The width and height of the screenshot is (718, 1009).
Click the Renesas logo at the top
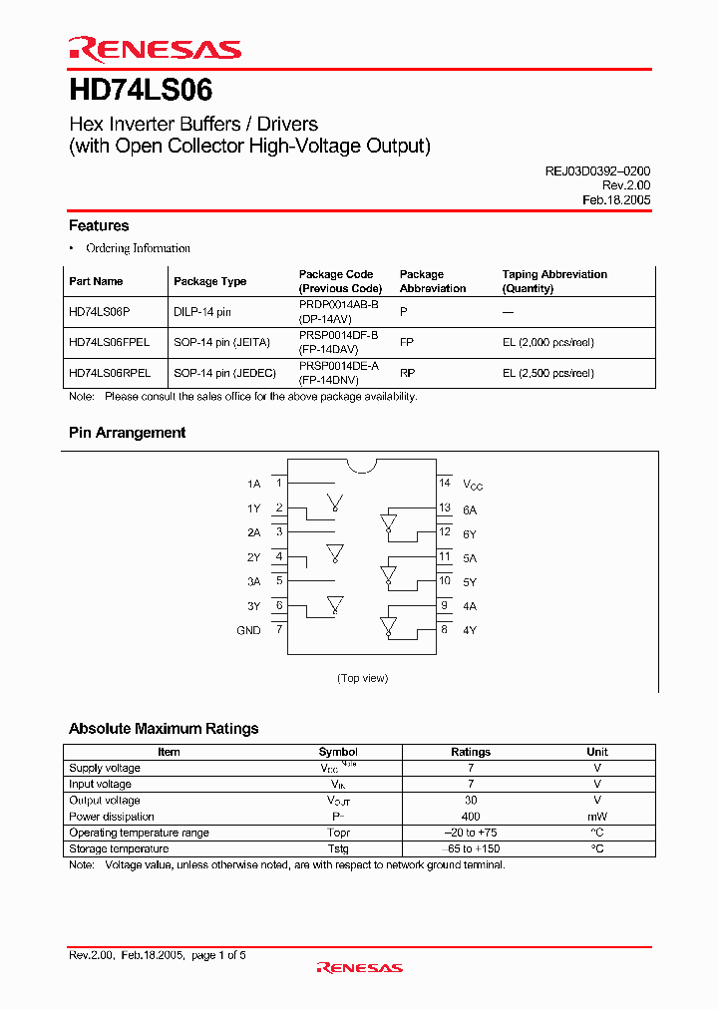click(x=155, y=50)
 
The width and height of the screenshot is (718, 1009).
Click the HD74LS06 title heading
click(x=141, y=91)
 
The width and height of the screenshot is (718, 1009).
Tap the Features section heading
click(x=99, y=226)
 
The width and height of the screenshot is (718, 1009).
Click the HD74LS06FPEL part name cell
click(x=110, y=342)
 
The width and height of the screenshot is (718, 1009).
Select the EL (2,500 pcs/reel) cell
click(x=547, y=373)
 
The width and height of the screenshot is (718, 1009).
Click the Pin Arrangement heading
click(x=127, y=433)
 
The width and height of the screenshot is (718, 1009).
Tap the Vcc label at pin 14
click(x=473, y=485)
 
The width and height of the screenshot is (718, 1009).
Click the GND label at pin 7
click(x=248, y=630)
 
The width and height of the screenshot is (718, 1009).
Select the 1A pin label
click(x=253, y=484)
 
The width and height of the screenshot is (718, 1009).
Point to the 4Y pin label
click(x=470, y=630)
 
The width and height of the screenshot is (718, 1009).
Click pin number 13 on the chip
click(x=445, y=507)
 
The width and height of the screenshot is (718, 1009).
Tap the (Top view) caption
click(x=362, y=678)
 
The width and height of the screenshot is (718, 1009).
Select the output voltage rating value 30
click(x=471, y=801)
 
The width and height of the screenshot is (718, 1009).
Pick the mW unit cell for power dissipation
click(x=597, y=817)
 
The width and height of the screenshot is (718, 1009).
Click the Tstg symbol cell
click(x=338, y=848)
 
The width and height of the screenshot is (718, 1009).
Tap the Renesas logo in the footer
click(x=359, y=967)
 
